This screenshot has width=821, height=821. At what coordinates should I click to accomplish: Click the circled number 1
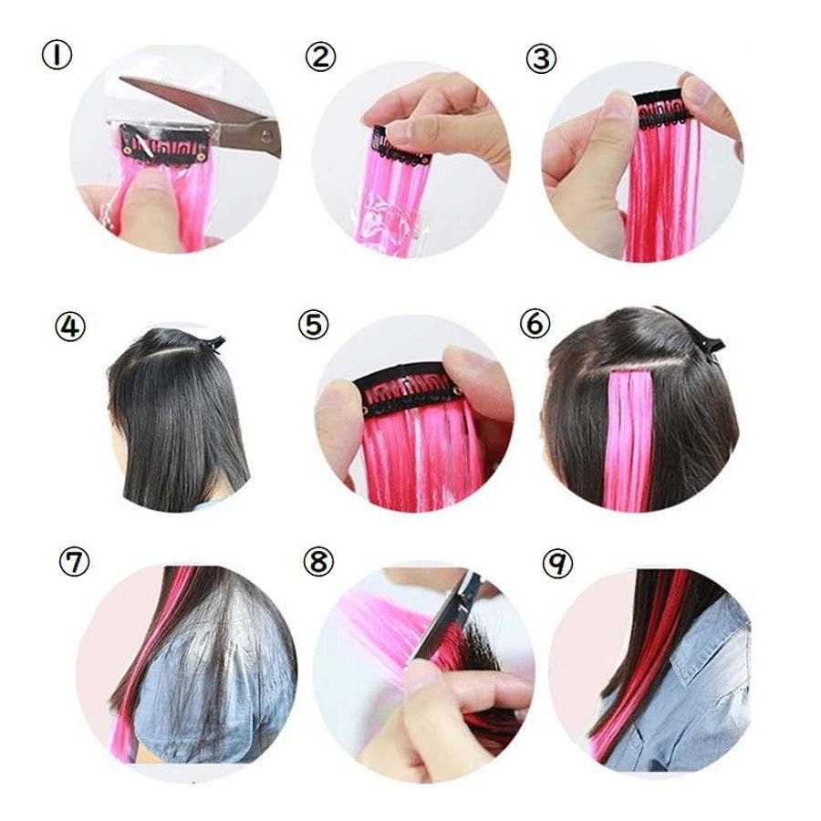point(57,56)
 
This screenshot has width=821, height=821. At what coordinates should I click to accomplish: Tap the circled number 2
point(320,57)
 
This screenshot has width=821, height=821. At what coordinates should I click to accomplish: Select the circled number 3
point(541,59)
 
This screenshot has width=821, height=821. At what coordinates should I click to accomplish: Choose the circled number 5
point(313,325)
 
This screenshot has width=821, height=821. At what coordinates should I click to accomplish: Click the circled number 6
point(535,324)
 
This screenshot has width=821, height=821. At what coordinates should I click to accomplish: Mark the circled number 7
point(74,562)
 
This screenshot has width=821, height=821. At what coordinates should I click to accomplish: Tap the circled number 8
point(318,562)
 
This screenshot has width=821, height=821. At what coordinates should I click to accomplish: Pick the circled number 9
point(558,564)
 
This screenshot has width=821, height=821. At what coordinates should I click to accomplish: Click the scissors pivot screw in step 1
point(266,136)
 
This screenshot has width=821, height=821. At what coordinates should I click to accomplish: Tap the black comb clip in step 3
point(660,109)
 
